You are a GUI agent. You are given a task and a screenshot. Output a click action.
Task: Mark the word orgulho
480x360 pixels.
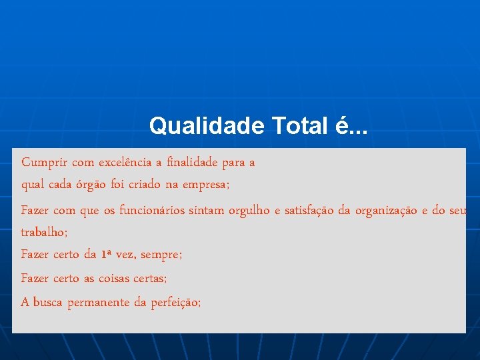tap(249, 211)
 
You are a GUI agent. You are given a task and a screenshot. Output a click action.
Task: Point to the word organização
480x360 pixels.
tap(387, 211)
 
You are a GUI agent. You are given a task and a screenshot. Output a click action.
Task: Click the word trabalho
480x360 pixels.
tap(42, 233)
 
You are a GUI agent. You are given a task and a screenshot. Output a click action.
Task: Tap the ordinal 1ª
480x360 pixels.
tap(107, 254)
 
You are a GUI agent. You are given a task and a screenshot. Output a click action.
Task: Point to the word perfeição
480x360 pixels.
tap(175, 303)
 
